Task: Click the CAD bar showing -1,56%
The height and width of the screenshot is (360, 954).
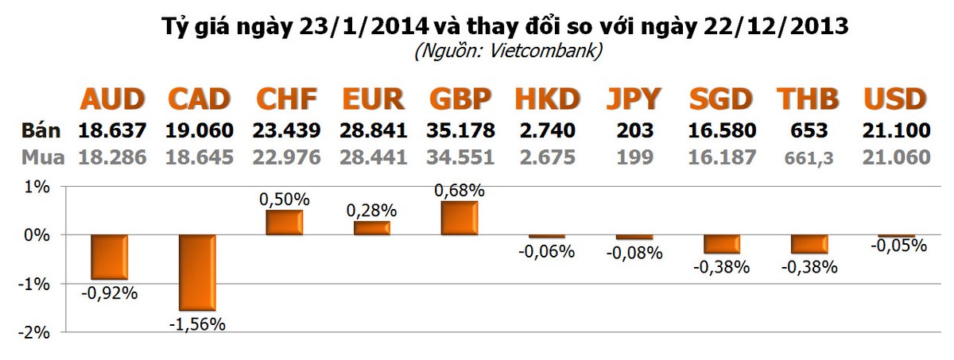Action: [196, 273]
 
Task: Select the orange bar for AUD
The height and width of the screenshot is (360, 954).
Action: [109, 257]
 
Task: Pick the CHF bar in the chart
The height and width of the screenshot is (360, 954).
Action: [284, 223]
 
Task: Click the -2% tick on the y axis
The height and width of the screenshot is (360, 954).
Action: [37, 332]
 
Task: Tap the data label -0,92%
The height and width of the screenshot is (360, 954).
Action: [109, 292]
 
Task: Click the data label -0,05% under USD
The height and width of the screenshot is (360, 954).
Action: [898, 246]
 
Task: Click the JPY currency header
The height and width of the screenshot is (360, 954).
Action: [634, 99]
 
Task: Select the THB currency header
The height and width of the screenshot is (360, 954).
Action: [807, 99]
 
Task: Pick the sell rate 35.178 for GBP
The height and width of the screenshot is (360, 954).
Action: [461, 130]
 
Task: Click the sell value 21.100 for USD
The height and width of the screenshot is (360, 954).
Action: [896, 130]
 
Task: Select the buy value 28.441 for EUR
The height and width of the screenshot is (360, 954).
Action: [374, 157]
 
